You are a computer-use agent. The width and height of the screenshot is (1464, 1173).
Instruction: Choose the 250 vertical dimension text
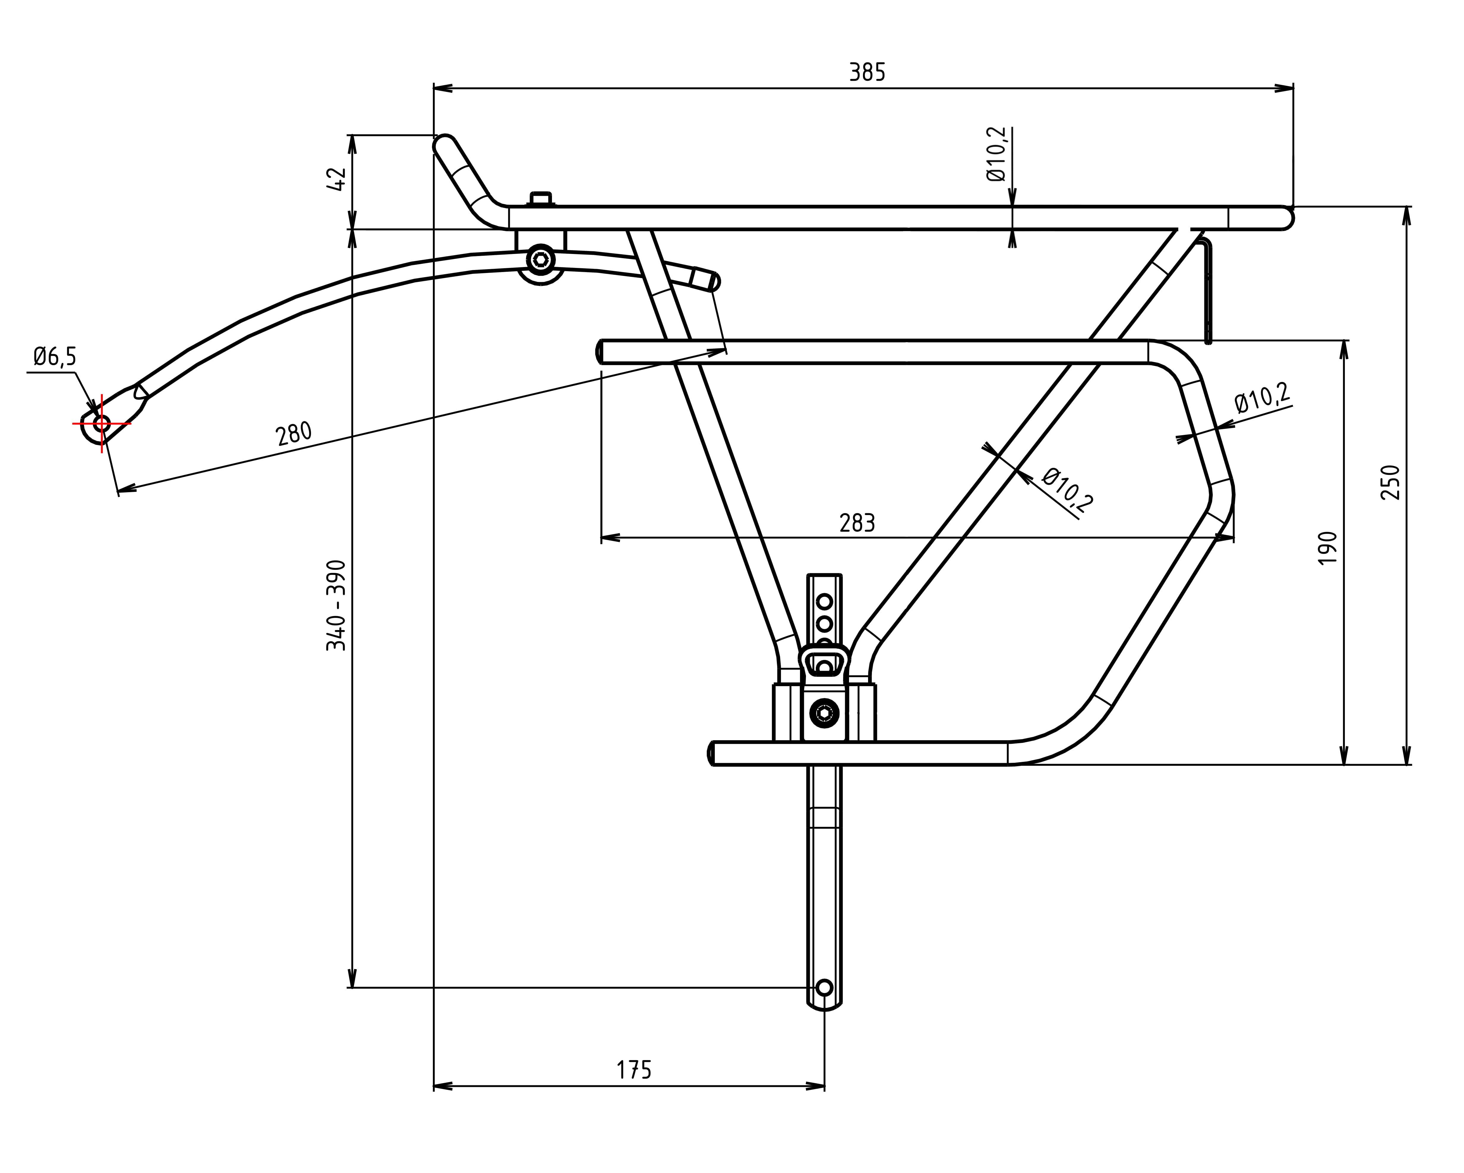point(1390,482)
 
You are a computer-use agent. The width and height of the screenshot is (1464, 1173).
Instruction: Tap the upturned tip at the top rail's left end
point(445,144)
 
